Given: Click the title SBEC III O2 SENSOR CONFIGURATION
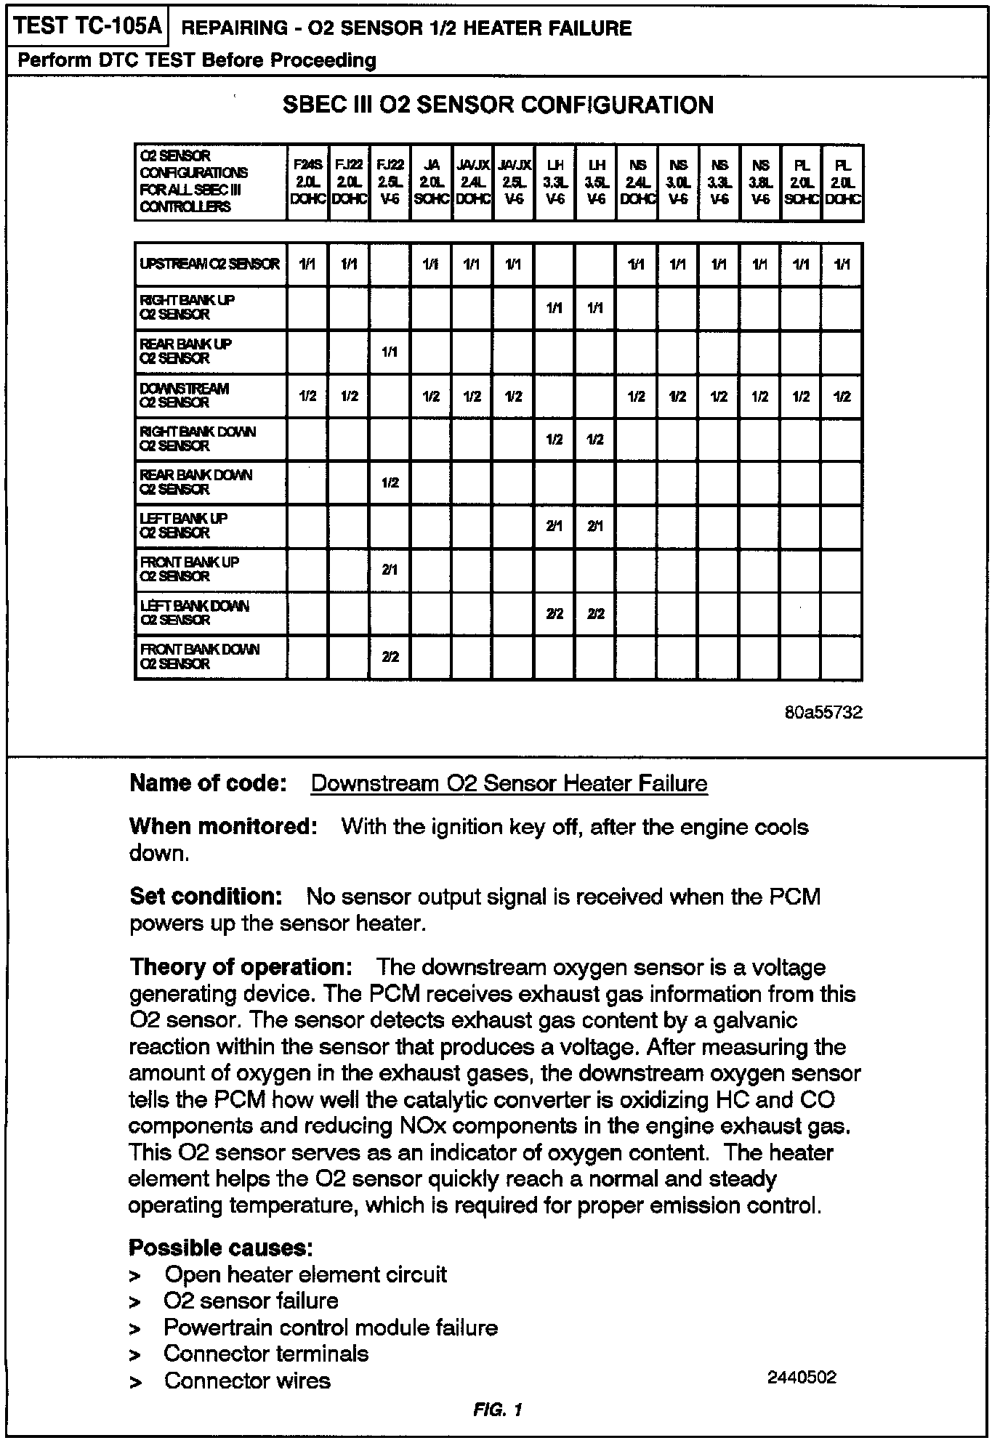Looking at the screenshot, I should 498,105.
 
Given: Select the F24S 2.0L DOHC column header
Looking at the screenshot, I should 308,182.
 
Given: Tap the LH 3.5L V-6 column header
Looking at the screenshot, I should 596,182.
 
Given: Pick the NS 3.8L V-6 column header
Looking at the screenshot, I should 760,182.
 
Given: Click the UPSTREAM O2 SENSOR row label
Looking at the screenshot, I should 209,264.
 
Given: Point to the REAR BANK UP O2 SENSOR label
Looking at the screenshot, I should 185,351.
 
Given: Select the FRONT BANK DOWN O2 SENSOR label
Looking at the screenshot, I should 199,657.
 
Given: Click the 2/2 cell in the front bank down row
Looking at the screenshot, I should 390,658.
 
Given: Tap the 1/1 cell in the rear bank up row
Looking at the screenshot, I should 390,352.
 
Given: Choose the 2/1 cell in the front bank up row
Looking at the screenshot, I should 390,570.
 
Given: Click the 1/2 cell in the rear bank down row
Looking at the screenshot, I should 390,483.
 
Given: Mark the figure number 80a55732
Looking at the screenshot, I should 823,713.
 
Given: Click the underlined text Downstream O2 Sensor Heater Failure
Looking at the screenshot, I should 509,784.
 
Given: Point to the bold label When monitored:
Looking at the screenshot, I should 223,827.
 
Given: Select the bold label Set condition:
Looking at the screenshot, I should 206,897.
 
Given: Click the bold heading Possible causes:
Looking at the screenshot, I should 221,1248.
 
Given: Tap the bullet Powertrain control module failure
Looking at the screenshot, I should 331,1328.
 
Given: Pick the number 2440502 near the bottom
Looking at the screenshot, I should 802,1378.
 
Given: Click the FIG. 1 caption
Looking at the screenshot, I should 497,1410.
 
